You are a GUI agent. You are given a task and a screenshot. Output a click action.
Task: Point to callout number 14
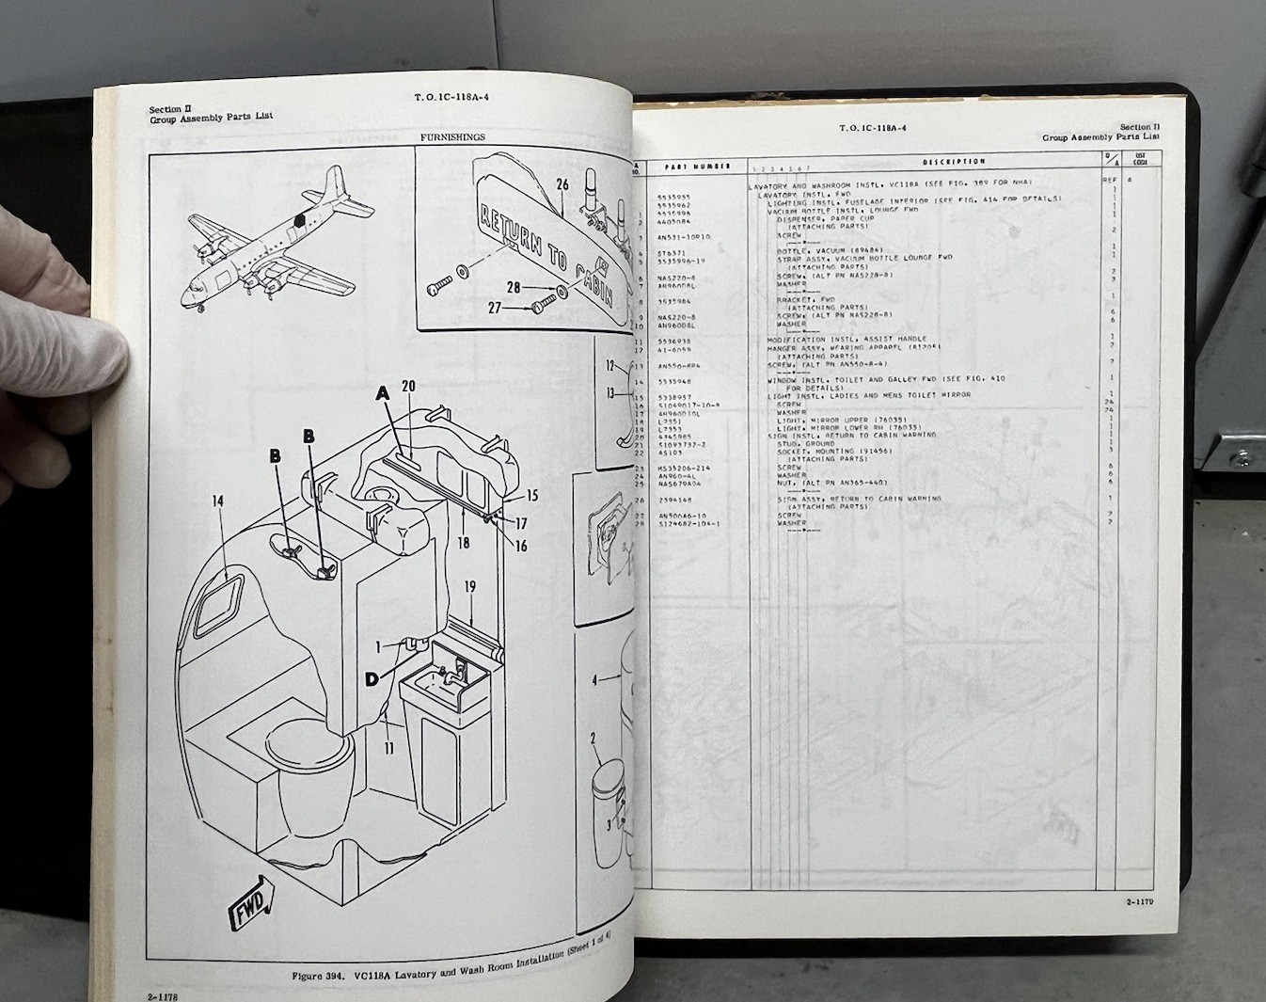pos(217,501)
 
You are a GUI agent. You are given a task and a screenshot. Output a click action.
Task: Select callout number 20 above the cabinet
pos(408,386)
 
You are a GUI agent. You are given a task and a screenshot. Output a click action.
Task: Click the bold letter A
pos(382,395)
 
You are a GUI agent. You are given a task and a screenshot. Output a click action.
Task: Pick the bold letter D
pos(373,679)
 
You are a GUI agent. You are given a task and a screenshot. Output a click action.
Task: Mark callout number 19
pos(469,587)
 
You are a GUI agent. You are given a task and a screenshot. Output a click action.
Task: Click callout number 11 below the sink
pos(388,749)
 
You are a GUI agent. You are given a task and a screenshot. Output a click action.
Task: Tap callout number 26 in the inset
pos(562,185)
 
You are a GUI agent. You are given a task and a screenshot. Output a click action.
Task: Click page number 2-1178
pos(162,994)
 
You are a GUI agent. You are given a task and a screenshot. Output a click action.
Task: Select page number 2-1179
pos(1140,902)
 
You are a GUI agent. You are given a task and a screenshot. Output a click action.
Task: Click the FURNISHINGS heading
pos(452,137)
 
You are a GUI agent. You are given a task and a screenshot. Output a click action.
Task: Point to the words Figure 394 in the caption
pos(320,976)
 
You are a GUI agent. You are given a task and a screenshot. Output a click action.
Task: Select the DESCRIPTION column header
pos(953,162)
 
